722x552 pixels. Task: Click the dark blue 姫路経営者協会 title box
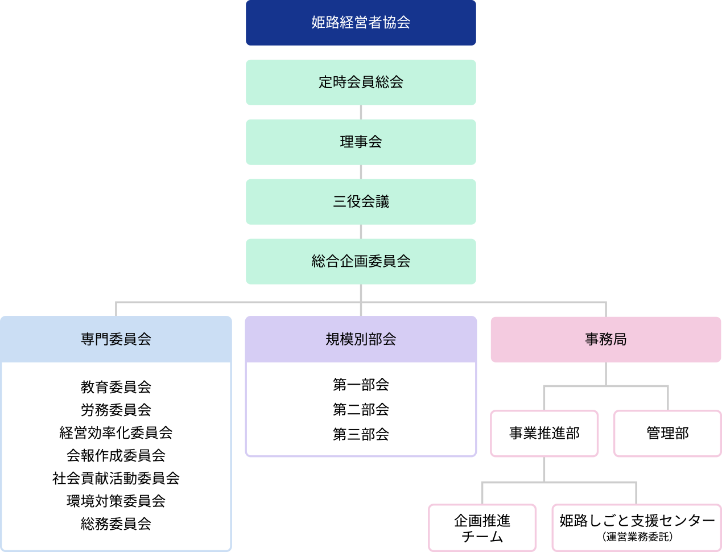pos(361,23)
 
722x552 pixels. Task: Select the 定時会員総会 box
pos(361,82)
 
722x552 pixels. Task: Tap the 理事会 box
pos(361,142)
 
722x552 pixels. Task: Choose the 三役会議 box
pos(361,201)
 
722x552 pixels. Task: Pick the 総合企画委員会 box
pos(361,261)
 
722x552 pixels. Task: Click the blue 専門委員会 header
pos(116,339)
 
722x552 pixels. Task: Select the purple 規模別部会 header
pos(361,339)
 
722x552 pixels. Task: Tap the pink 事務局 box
pos(606,339)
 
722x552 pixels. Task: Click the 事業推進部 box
pos(544,434)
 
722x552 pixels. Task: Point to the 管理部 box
pos(667,434)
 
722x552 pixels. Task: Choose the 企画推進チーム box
pos(482,528)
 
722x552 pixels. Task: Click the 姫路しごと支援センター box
pos(637,521)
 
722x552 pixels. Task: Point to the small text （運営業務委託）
pos(637,537)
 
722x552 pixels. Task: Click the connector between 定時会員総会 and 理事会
pos(361,112)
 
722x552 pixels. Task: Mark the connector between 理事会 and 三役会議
pos(361,172)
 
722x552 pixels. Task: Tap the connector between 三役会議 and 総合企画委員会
pos(361,232)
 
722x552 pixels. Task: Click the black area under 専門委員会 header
pos(116,455)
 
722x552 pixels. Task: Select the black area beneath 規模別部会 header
pos(361,409)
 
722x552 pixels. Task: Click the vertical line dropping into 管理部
pos(667,398)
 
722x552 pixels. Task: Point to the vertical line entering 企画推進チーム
pos(482,493)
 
